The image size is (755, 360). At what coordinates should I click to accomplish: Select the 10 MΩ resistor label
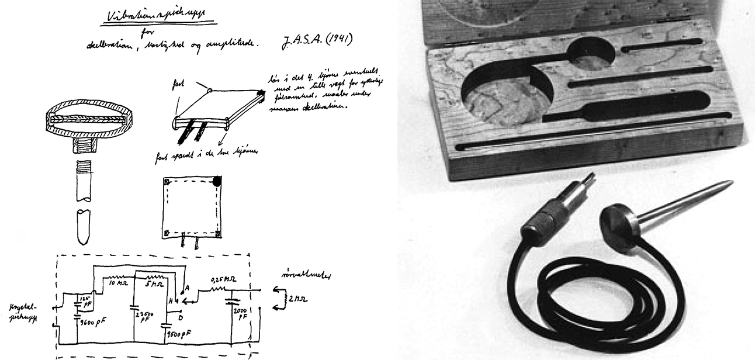pyautogui.click(x=119, y=284)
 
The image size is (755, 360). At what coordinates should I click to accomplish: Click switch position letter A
pyautogui.click(x=186, y=288)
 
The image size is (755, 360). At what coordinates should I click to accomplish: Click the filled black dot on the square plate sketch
pyautogui.click(x=217, y=182)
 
